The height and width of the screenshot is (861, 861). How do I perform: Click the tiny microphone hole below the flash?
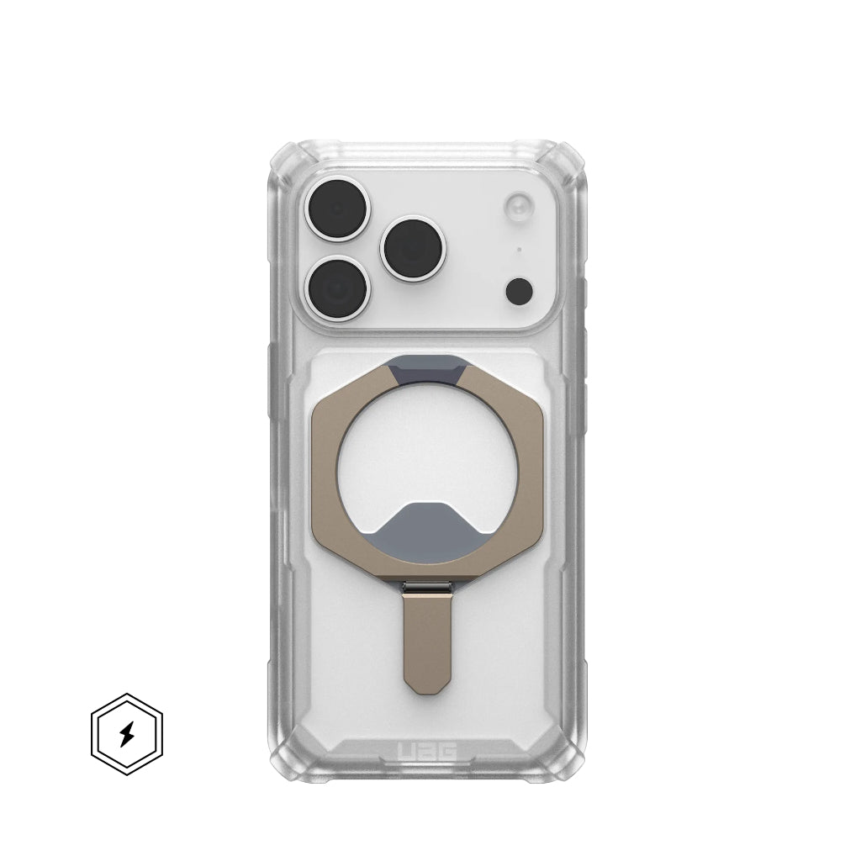[x=520, y=249]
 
